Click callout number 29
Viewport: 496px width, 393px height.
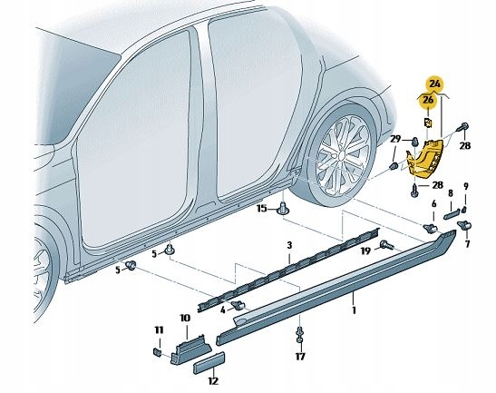click(396, 139)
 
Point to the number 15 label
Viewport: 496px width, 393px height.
click(261, 210)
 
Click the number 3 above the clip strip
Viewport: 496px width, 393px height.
click(289, 246)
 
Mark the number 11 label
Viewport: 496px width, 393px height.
click(159, 329)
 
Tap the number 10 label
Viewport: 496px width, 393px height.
click(184, 318)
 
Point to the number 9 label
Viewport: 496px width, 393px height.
click(466, 187)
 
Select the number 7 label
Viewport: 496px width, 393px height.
click(468, 244)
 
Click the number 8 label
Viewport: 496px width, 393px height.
click(451, 192)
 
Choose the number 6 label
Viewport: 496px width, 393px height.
click(434, 204)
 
